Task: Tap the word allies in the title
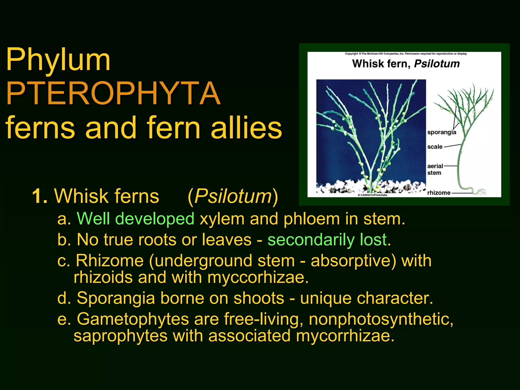(x=246, y=128)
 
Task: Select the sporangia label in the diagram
(x=442, y=132)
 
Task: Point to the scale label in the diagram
(x=435, y=147)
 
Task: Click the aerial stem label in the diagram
(x=435, y=169)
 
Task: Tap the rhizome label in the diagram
(x=439, y=193)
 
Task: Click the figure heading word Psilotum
(x=437, y=64)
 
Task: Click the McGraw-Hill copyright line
(x=406, y=54)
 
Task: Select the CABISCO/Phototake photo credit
(x=372, y=195)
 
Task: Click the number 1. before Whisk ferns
(x=40, y=196)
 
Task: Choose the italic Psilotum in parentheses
(x=233, y=196)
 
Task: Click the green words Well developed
(x=136, y=219)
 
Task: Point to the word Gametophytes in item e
(x=133, y=319)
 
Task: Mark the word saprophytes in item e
(x=120, y=336)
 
